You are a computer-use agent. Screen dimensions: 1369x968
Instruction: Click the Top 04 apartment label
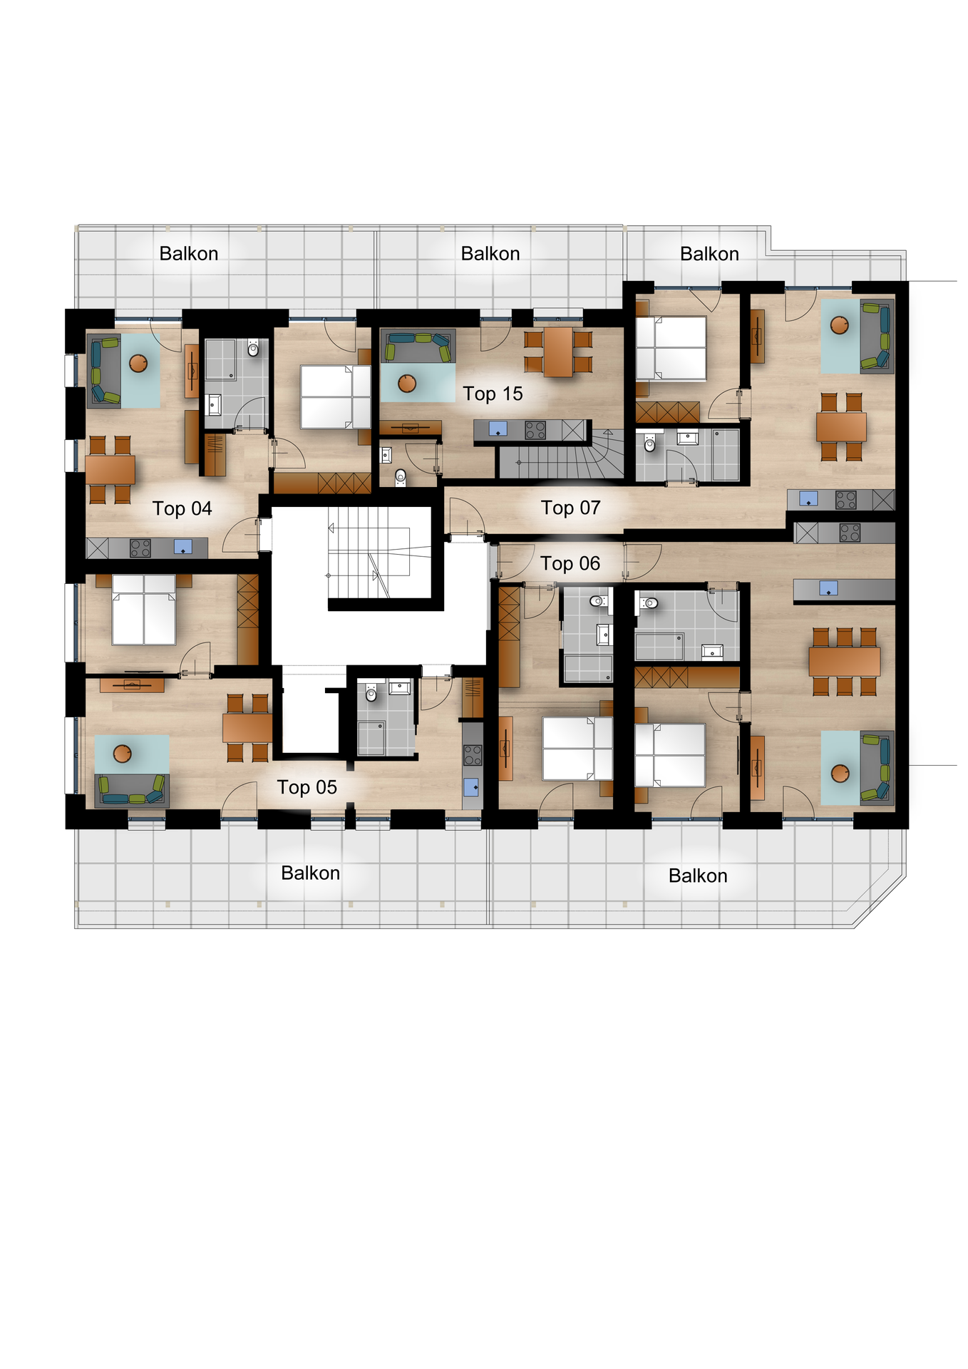(x=182, y=508)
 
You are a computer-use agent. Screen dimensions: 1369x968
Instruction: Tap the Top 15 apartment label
(x=493, y=394)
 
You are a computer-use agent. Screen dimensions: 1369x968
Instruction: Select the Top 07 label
(x=570, y=508)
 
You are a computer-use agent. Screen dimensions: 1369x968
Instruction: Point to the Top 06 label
(x=570, y=563)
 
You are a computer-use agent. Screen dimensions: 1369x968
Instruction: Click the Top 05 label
(x=307, y=787)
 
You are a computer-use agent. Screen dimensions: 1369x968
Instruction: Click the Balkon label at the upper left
(x=188, y=254)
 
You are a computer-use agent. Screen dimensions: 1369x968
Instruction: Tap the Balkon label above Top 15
(x=490, y=254)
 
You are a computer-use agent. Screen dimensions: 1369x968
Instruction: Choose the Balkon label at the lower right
(x=697, y=876)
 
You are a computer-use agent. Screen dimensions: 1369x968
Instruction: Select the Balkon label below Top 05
(x=310, y=873)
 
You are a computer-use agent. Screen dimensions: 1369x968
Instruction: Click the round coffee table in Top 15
(x=407, y=384)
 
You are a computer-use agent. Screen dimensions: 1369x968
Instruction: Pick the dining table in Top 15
(x=558, y=352)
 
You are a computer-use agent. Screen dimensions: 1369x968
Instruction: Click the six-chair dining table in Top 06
(x=844, y=661)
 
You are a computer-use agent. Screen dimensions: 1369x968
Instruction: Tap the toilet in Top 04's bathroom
(x=253, y=349)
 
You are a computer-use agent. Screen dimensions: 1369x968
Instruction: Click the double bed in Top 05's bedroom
(x=144, y=610)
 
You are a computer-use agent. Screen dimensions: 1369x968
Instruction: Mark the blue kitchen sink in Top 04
(x=182, y=548)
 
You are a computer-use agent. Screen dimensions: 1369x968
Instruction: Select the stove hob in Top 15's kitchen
(x=535, y=430)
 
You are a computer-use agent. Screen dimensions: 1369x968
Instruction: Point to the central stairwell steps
(x=371, y=553)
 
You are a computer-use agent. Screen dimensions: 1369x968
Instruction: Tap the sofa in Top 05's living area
(x=131, y=790)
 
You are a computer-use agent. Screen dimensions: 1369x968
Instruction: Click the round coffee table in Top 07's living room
(x=840, y=326)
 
